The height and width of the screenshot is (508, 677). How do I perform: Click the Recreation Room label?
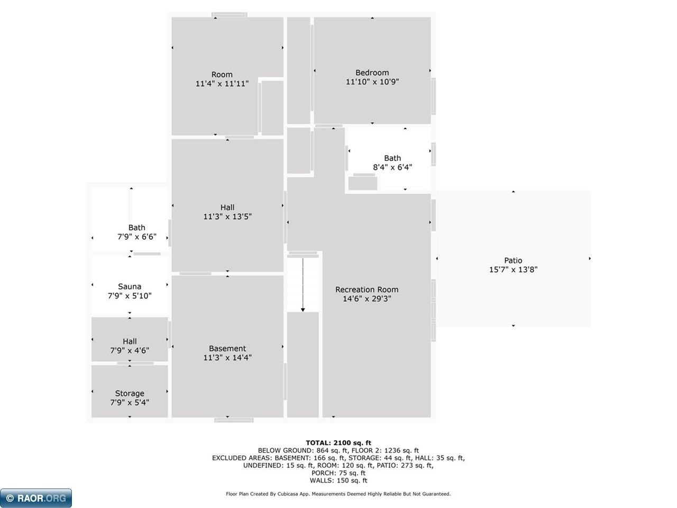click(x=367, y=289)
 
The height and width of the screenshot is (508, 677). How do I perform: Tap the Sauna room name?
click(x=130, y=286)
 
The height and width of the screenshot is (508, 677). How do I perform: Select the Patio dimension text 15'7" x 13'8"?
click(x=513, y=269)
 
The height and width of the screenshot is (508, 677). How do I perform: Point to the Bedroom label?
click(x=372, y=73)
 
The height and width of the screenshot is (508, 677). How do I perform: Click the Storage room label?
click(x=130, y=394)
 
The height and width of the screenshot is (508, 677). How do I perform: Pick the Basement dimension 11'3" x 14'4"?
click(x=227, y=358)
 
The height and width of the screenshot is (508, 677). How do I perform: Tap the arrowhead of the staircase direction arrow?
click(x=303, y=310)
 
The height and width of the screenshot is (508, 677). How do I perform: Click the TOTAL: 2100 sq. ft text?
click(x=338, y=443)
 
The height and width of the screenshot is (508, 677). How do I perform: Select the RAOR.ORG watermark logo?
click(x=36, y=498)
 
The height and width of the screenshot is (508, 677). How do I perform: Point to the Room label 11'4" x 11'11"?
click(x=222, y=79)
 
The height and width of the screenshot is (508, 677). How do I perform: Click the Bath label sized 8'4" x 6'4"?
click(x=392, y=162)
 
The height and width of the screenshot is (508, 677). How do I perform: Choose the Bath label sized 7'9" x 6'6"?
click(x=136, y=232)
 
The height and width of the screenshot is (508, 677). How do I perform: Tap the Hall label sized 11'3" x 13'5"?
click(x=227, y=212)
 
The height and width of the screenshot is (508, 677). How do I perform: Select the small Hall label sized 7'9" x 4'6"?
click(x=130, y=346)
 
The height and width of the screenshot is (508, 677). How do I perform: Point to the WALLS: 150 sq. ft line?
click(x=338, y=480)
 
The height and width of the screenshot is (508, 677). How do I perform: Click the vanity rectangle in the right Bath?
click(x=363, y=183)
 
